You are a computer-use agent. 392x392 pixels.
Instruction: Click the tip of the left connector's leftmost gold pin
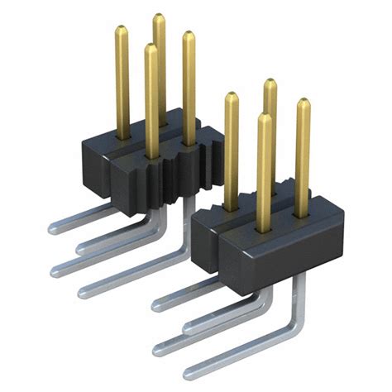tap(121, 31)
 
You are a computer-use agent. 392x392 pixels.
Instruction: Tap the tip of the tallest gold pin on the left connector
tap(158, 18)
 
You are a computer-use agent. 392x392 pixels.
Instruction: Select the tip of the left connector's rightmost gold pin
tap(189, 36)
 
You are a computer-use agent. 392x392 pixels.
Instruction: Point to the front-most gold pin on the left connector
tap(151, 99)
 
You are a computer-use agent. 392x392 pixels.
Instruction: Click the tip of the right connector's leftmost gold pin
tap(231, 97)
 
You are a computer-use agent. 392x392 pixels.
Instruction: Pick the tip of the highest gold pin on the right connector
tap(270, 84)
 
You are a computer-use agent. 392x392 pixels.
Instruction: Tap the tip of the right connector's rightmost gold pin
tap(304, 103)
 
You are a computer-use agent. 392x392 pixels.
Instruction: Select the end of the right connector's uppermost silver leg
tap(157, 304)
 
